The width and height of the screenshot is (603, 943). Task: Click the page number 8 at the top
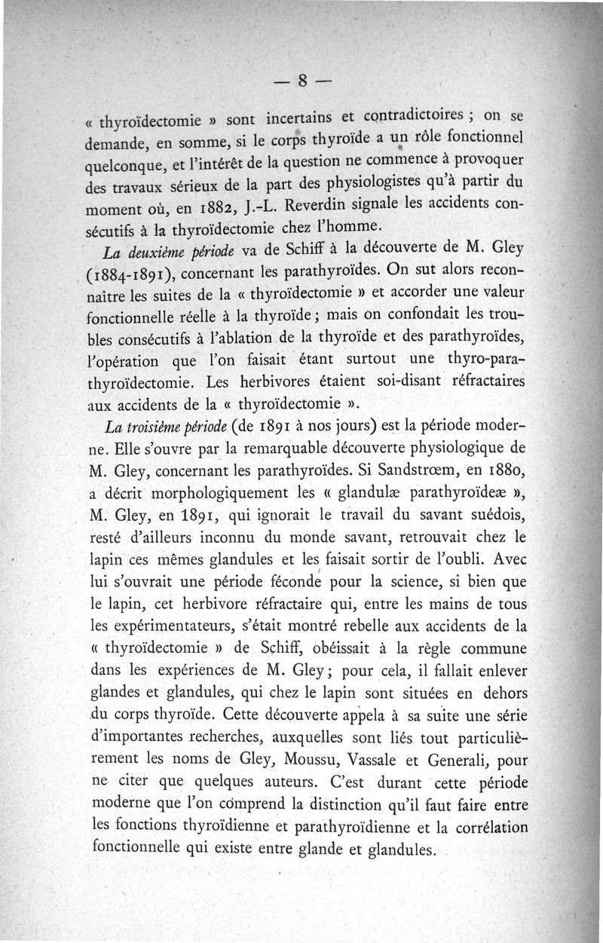301,81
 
